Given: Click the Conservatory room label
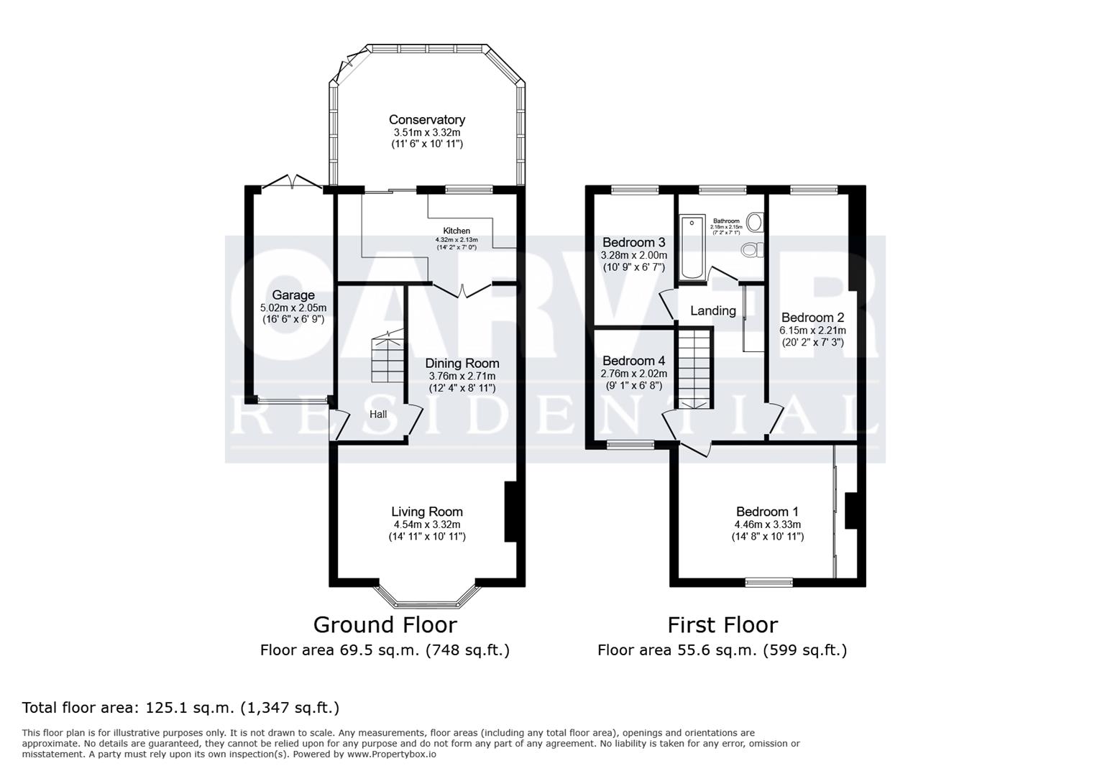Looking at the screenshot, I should [x=427, y=120].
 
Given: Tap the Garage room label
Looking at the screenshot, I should [x=293, y=295].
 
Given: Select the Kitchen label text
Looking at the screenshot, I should [x=457, y=231].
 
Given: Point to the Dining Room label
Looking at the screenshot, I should [x=462, y=364].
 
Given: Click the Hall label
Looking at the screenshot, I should [x=378, y=414].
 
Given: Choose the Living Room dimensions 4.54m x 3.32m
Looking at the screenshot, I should [x=427, y=525].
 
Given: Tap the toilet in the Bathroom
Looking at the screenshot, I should [x=751, y=250].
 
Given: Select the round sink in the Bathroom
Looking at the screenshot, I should [x=754, y=222].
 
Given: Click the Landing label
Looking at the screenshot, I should [x=712, y=310].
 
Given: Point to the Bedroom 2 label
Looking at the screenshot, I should [x=812, y=318].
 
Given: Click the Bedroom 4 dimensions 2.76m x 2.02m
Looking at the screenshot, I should [x=633, y=374].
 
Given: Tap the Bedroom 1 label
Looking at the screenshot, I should [x=767, y=512].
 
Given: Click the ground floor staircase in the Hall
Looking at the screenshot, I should [x=387, y=359].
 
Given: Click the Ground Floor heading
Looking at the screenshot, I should [x=385, y=624].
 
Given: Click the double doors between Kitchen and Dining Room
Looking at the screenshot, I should [x=462, y=290].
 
